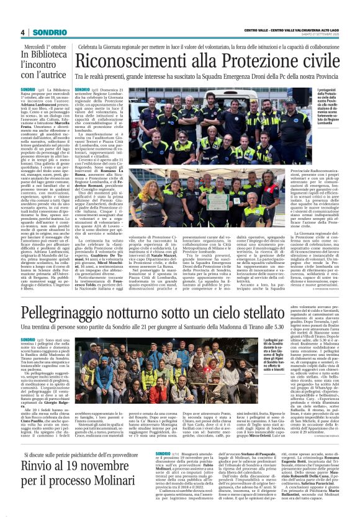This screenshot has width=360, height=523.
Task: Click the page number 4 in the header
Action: (x=22, y=32)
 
